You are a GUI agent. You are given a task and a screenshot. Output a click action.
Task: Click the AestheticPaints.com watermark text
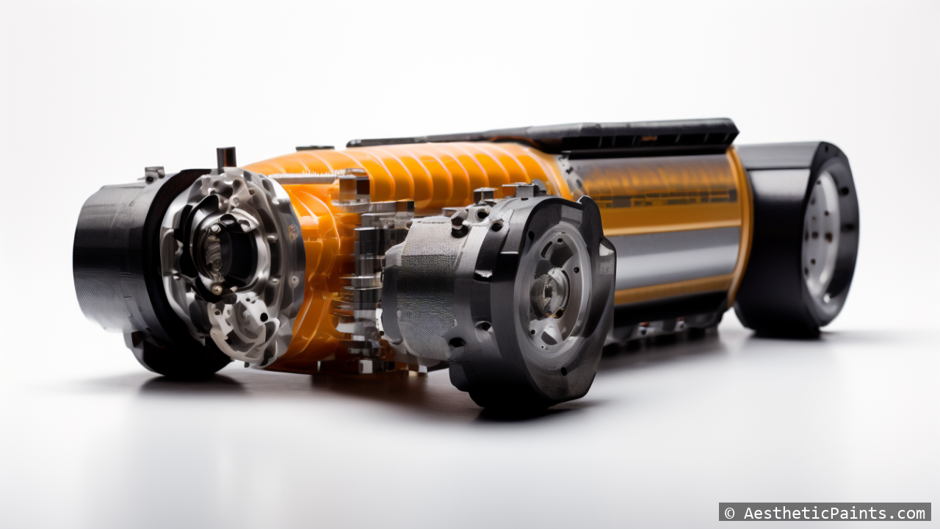coord(834,513)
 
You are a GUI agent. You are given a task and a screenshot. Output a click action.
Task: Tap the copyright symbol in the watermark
coord(729,513)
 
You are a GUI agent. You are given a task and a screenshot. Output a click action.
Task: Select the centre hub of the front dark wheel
coord(549,293)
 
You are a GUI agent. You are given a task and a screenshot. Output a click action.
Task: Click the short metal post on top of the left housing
coord(226,157)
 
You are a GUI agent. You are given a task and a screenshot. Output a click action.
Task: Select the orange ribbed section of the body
coord(441,173)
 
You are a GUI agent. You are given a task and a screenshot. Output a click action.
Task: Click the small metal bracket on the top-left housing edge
coord(153,174)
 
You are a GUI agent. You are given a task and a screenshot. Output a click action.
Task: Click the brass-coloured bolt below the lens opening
coord(218,289)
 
